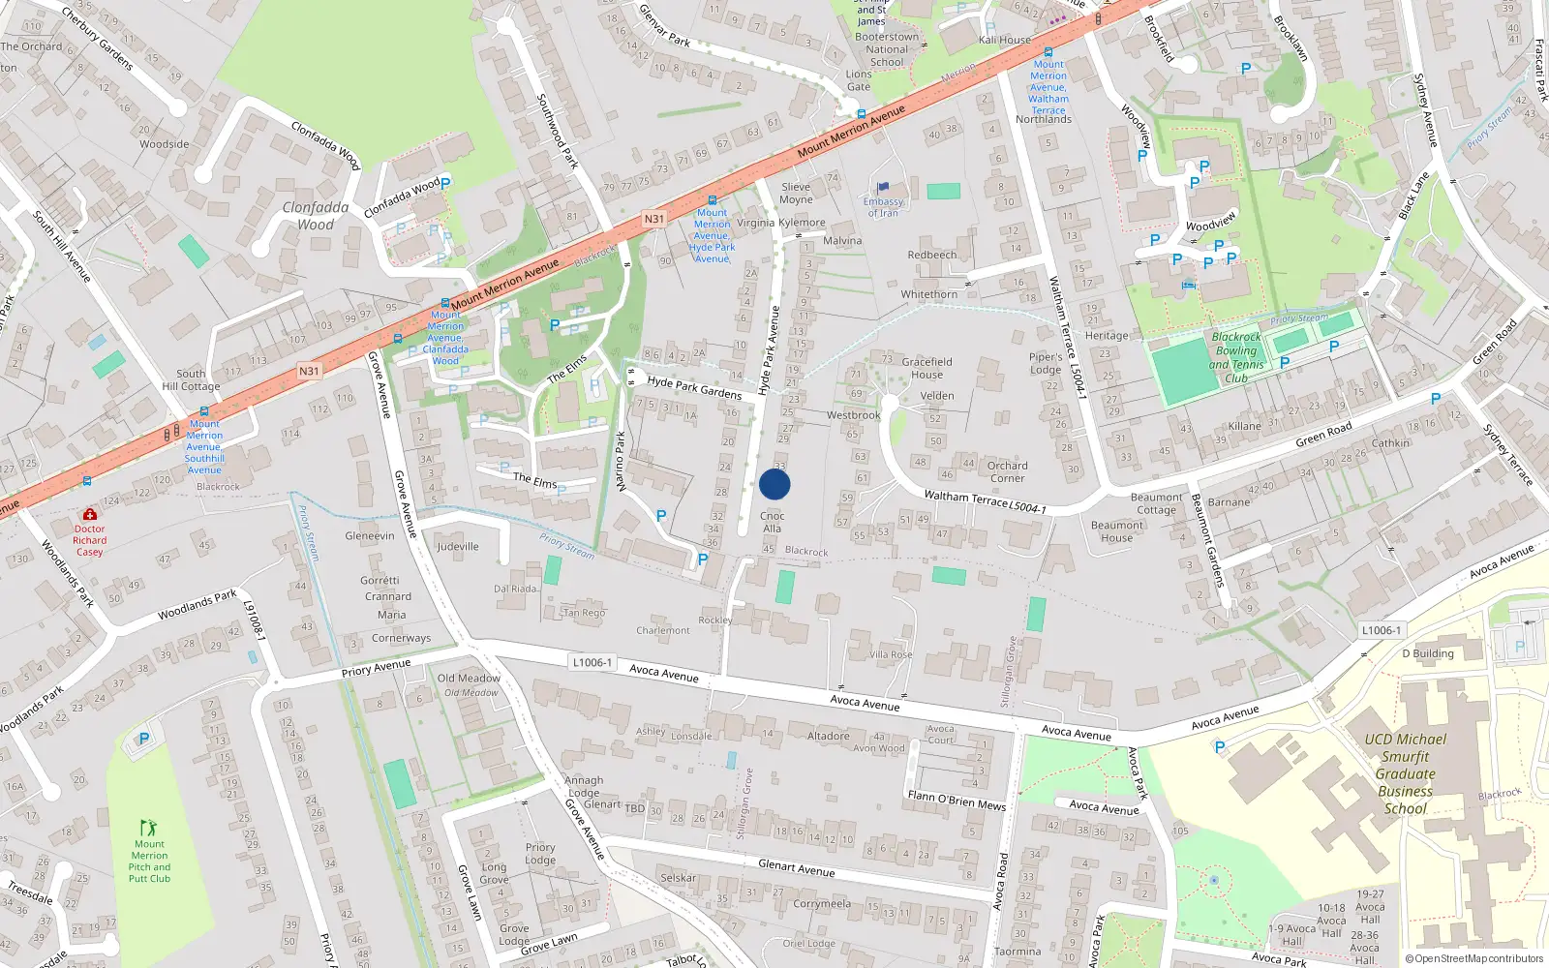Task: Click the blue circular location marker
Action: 774,484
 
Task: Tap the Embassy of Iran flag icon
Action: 882,188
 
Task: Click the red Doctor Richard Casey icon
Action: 90,514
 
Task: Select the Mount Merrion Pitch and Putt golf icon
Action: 148,828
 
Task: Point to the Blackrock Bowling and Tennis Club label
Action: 1236,357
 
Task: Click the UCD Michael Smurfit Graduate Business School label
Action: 1405,773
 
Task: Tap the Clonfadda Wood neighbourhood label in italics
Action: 316,216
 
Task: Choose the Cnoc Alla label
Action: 772,522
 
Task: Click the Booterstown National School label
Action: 886,49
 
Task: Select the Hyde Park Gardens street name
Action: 694,388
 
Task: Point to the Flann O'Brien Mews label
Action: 957,800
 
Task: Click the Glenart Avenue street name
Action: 796,868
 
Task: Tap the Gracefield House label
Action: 926,368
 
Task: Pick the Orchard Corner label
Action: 1007,471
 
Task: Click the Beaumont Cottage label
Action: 1156,503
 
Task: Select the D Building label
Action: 1428,653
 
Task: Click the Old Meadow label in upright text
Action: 469,678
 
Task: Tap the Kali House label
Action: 1004,40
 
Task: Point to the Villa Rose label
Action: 891,654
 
